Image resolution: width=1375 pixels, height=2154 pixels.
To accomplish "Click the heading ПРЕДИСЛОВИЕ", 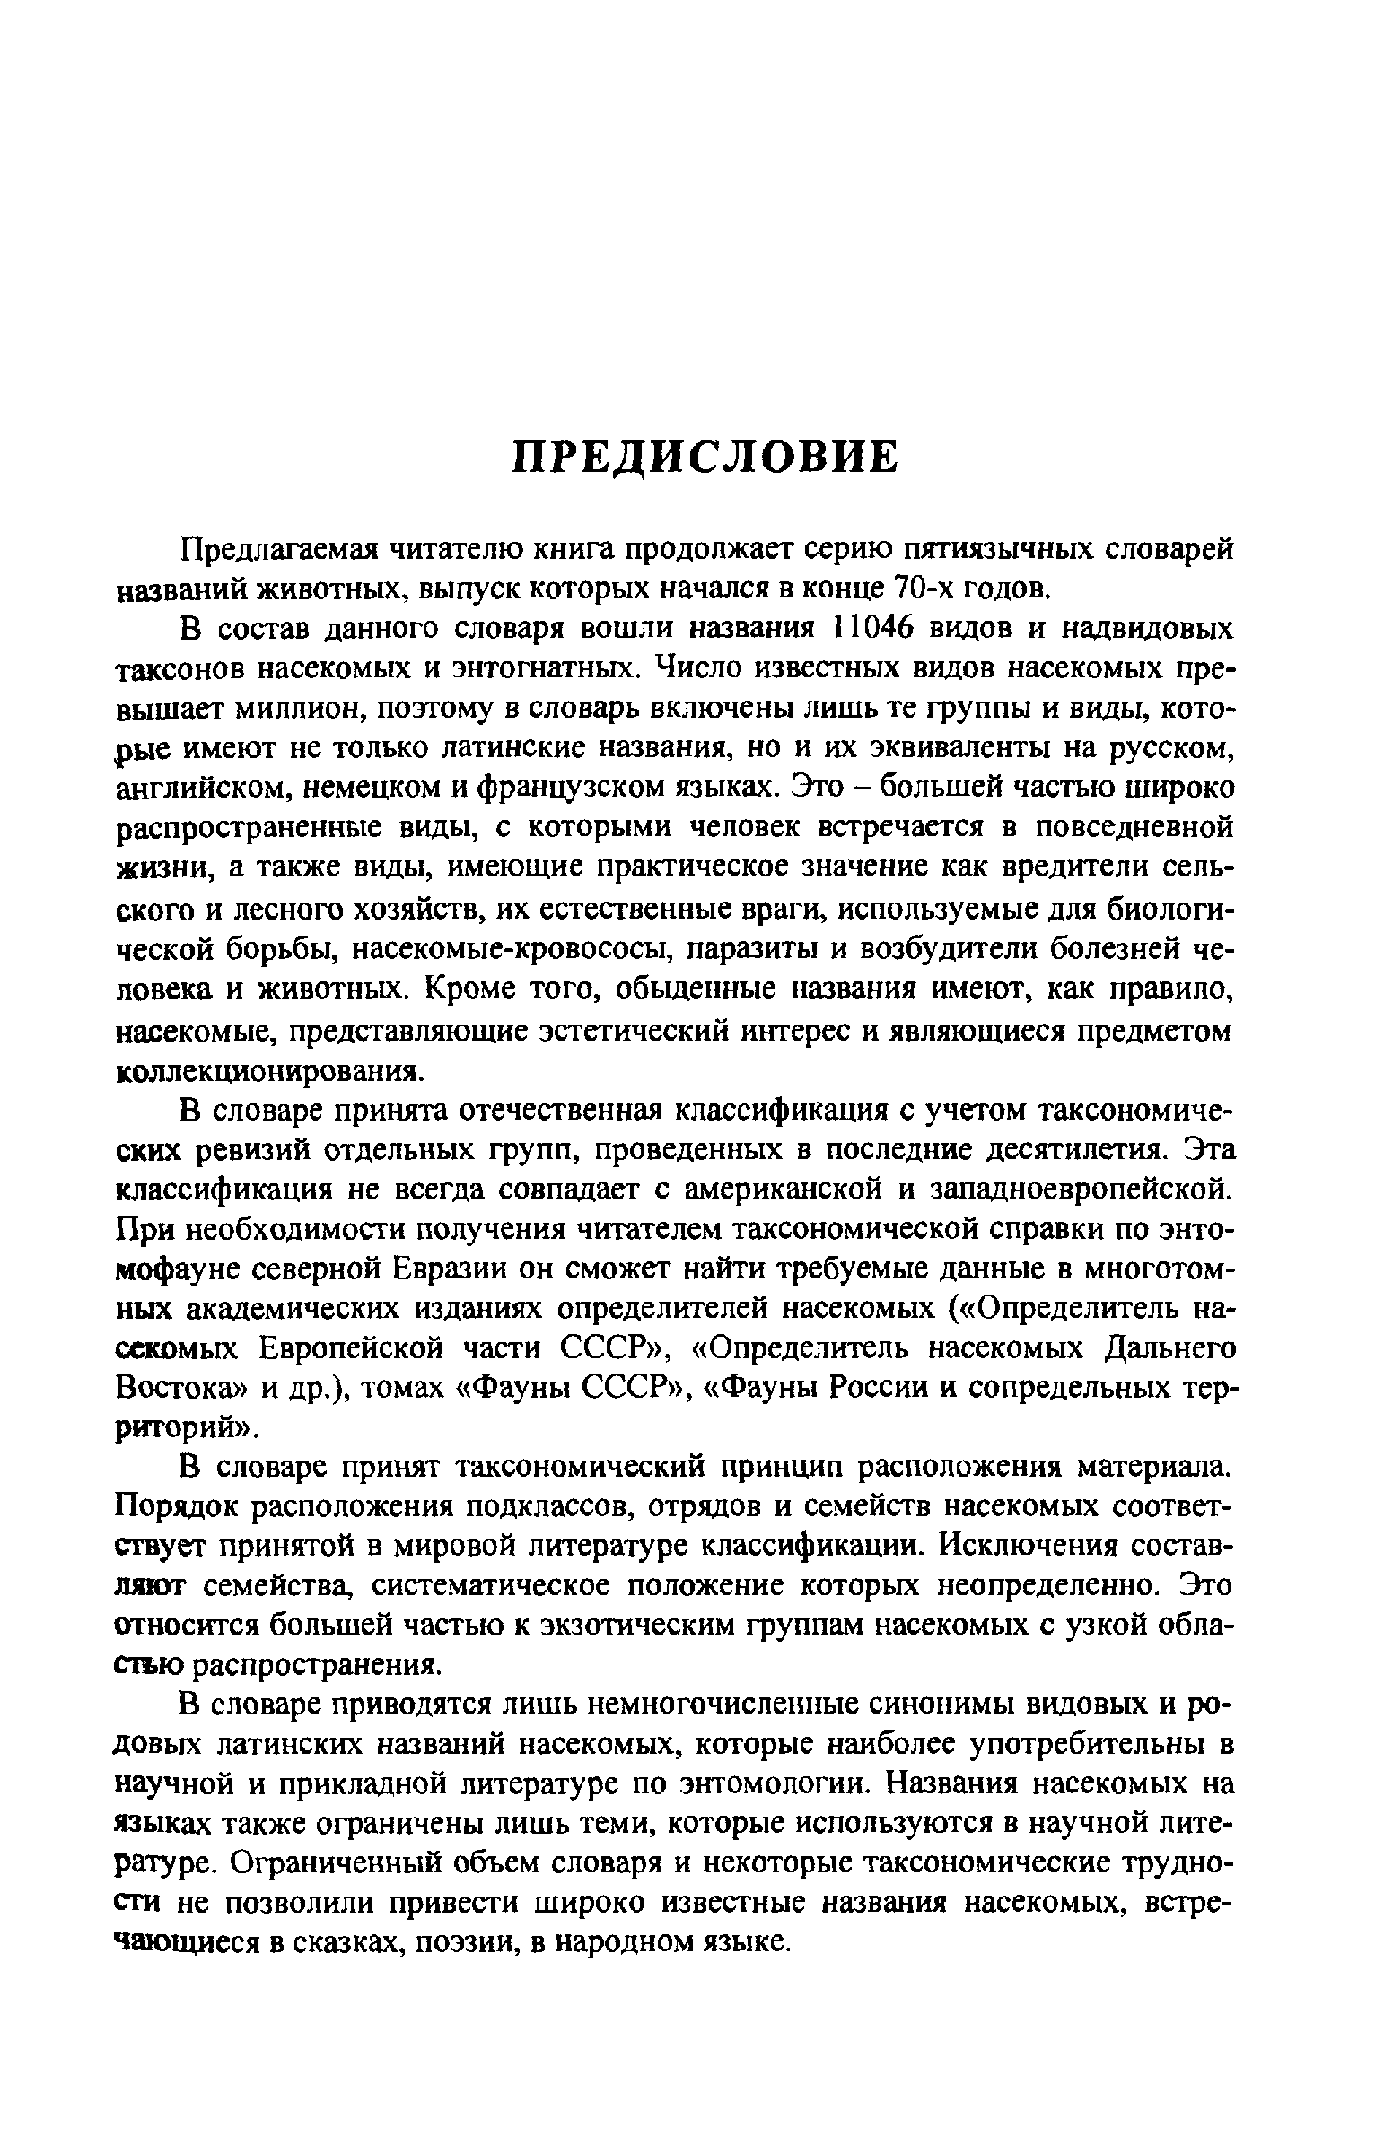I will click(705, 457).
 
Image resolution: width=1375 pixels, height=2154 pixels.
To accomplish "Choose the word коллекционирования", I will click(269, 1071).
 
